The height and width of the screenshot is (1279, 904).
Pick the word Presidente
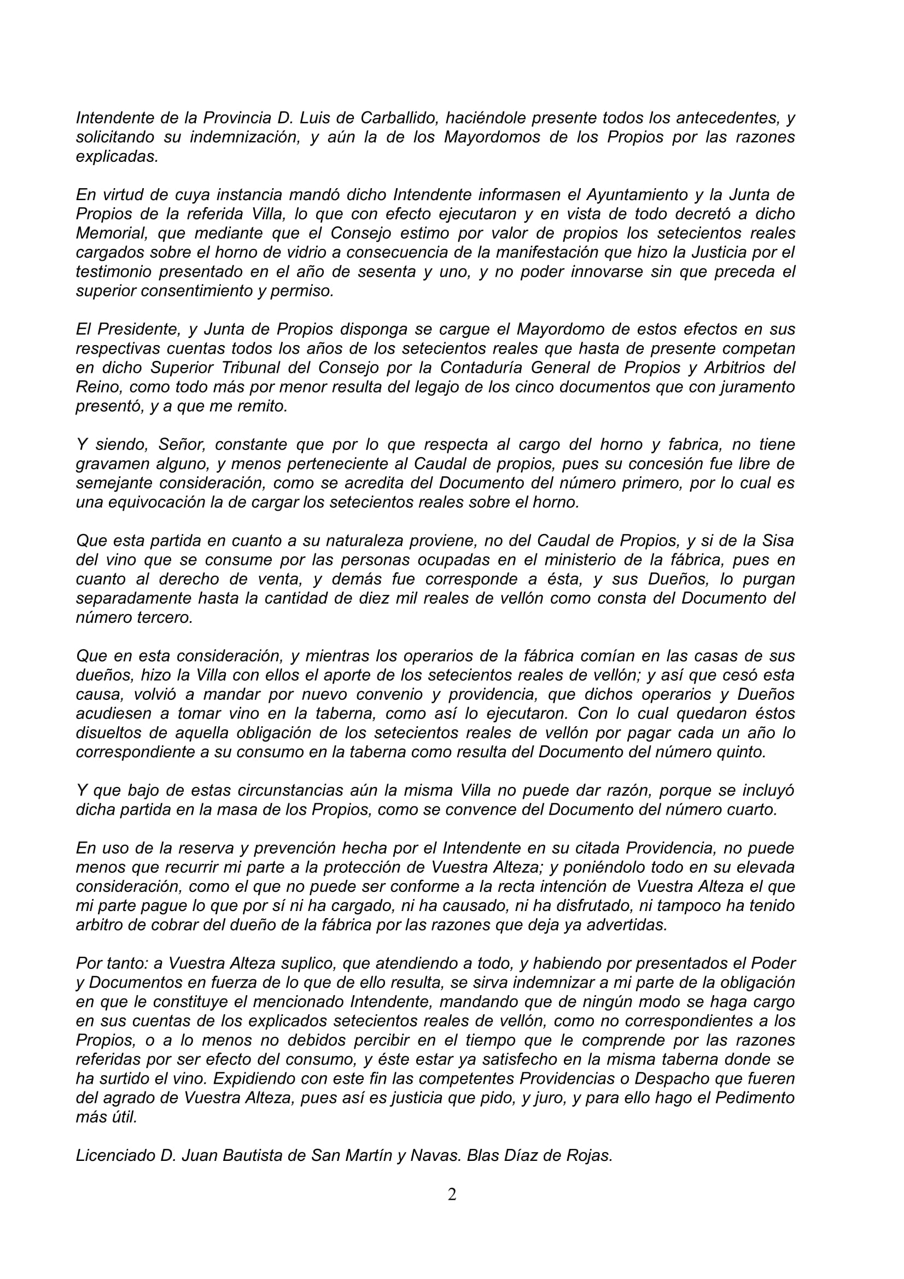[139, 329]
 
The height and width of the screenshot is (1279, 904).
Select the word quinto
[741, 752]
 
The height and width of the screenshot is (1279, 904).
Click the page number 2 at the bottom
[452, 1194]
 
